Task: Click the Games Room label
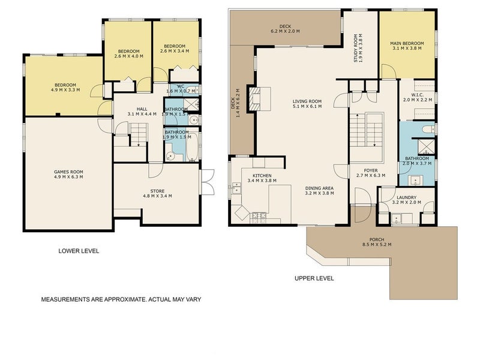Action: coord(68,171)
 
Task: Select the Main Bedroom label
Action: coord(407,43)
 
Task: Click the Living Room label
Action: coord(307,101)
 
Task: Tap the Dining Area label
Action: coord(319,188)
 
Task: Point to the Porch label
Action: coord(377,239)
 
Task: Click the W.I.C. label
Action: coord(418,94)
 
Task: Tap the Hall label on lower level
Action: coord(142,109)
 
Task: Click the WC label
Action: coord(179,85)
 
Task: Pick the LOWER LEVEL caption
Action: coord(79,251)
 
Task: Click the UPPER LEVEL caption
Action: coord(314,278)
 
